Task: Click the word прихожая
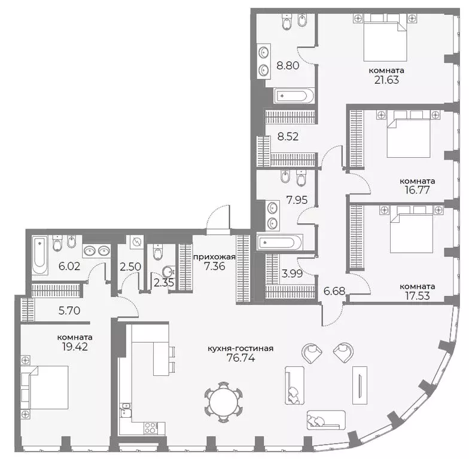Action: click(x=214, y=257)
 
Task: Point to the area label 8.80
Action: click(x=287, y=65)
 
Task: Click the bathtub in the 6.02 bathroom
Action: click(x=40, y=255)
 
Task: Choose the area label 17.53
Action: click(x=419, y=295)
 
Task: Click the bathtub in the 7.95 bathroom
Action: click(x=280, y=243)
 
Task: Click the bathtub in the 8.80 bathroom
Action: click(x=293, y=96)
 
